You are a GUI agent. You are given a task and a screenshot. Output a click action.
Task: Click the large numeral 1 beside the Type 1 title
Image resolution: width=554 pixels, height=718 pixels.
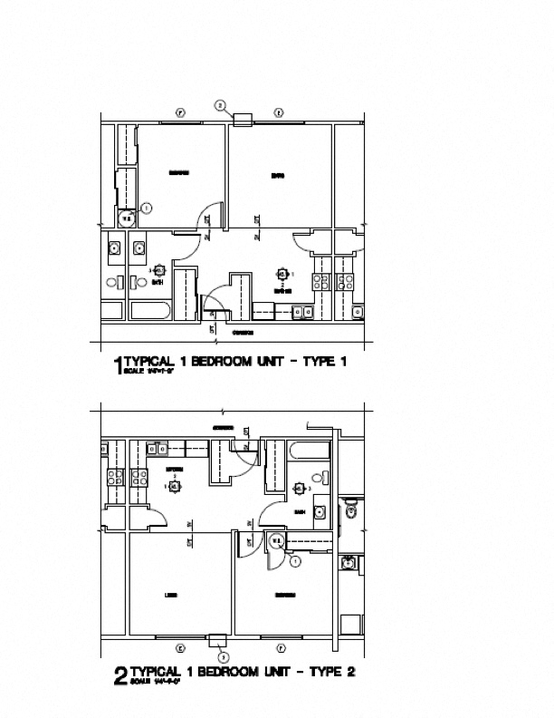pos(117,367)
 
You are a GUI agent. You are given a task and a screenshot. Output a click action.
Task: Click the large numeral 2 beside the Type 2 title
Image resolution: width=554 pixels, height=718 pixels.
pos(119,676)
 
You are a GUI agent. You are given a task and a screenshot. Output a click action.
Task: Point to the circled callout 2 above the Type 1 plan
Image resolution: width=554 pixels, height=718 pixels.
pos(219,106)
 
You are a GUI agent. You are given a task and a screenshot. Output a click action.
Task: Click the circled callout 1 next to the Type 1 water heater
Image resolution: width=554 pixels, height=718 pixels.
pos(146,208)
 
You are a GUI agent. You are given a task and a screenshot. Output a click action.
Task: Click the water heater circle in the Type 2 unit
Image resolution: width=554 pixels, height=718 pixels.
pos(277,541)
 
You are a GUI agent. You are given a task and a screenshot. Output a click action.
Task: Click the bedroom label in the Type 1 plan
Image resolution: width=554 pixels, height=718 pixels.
pos(177,172)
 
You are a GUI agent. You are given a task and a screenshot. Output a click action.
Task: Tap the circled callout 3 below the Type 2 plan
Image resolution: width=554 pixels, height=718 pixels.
pos(224,655)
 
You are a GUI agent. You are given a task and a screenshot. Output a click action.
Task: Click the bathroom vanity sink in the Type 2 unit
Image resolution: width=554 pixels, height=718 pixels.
pos(320,511)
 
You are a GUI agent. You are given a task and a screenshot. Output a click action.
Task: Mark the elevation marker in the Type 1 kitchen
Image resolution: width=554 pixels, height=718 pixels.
pos(282,274)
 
